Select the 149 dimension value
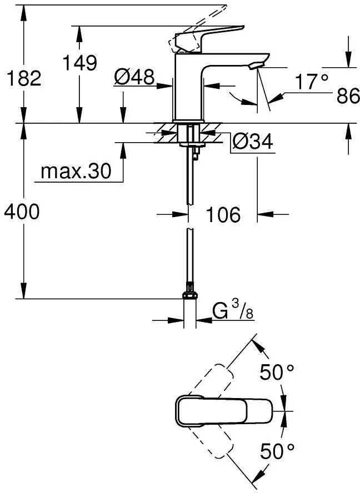(79, 63)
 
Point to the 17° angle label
(312, 82)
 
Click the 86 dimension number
(348, 96)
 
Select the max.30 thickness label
(76, 172)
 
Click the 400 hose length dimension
(22, 212)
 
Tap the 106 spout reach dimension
(223, 214)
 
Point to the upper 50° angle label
(277, 373)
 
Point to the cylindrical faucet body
(188, 86)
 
